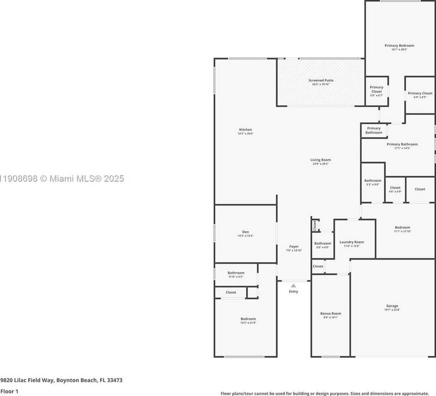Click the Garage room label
click(x=392, y=306)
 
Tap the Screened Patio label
click(x=321, y=80)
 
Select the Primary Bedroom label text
click(x=399, y=45)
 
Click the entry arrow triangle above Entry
click(x=293, y=286)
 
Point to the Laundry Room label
click(x=352, y=242)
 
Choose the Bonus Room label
click(x=331, y=313)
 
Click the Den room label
click(x=245, y=232)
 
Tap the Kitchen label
click(x=245, y=130)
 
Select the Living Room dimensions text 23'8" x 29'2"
click(x=321, y=164)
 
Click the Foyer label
click(x=294, y=247)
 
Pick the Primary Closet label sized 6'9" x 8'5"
click(x=420, y=94)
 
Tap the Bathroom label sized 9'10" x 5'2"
click(x=236, y=273)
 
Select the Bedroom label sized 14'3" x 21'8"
click(x=248, y=319)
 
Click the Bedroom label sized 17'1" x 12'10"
click(x=402, y=227)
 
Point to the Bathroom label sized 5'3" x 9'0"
click(x=373, y=180)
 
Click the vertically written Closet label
click(x=315, y=226)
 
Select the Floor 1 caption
click(x=9, y=391)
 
